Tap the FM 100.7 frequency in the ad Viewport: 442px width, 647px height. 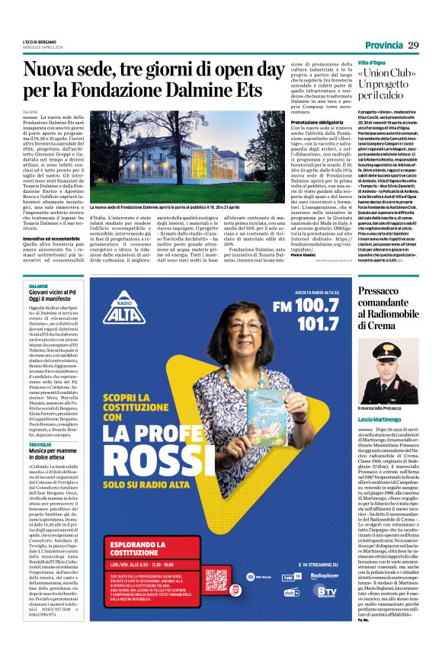[309, 305]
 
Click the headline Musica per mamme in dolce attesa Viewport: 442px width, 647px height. [57, 456]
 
